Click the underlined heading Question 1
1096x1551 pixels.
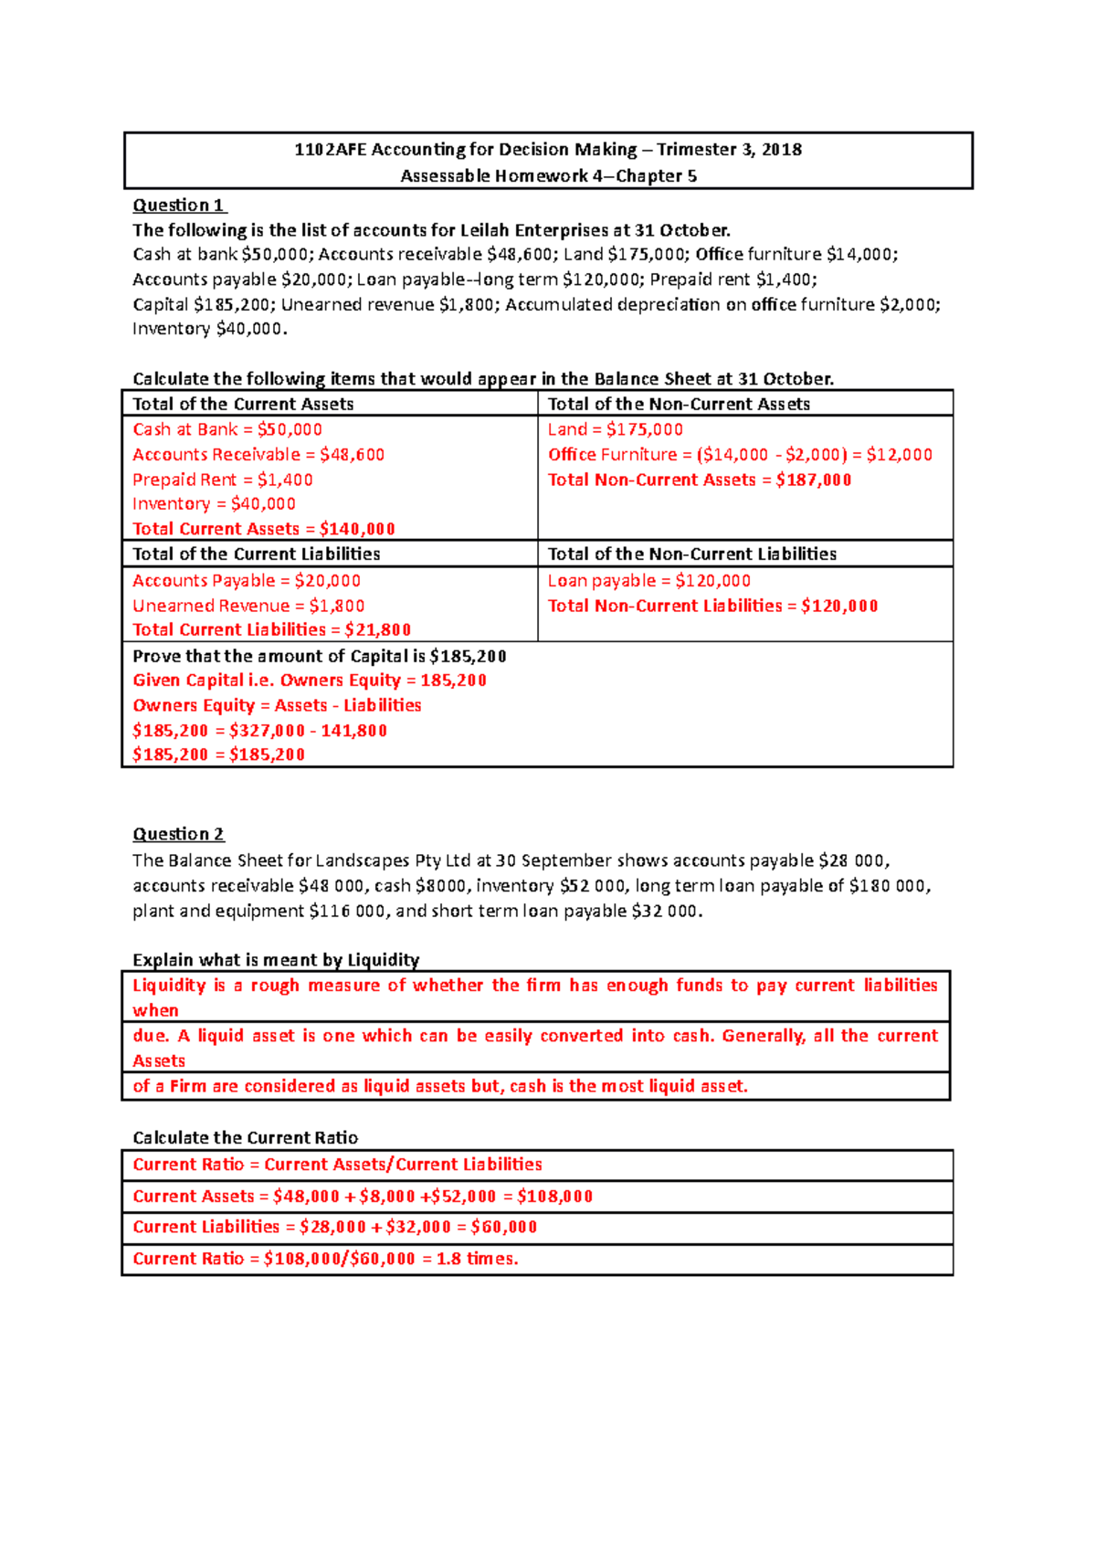point(178,206)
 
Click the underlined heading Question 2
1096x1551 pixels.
point(178,834)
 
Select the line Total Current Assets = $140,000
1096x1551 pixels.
point(264,529)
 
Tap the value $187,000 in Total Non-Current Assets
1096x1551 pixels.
point(814,480)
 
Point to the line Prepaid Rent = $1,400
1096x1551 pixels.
point(223,480)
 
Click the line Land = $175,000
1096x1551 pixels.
point(616,429)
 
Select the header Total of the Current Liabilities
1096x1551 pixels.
point(257,554)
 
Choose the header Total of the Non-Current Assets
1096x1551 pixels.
point(679,404)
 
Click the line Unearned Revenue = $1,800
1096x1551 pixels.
point(248,606)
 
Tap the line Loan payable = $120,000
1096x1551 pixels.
point(649,581)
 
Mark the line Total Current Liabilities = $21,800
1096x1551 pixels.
point(272,629)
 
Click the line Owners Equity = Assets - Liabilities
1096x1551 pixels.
point(277,705)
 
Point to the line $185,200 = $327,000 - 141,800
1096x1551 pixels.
point(260,731)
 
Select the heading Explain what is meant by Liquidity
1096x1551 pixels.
point(276,960)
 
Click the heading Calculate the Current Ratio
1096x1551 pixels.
point(245,1137)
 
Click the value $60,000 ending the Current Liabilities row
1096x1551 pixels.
point(504,1227)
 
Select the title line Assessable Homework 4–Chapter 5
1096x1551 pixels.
point(548,175)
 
